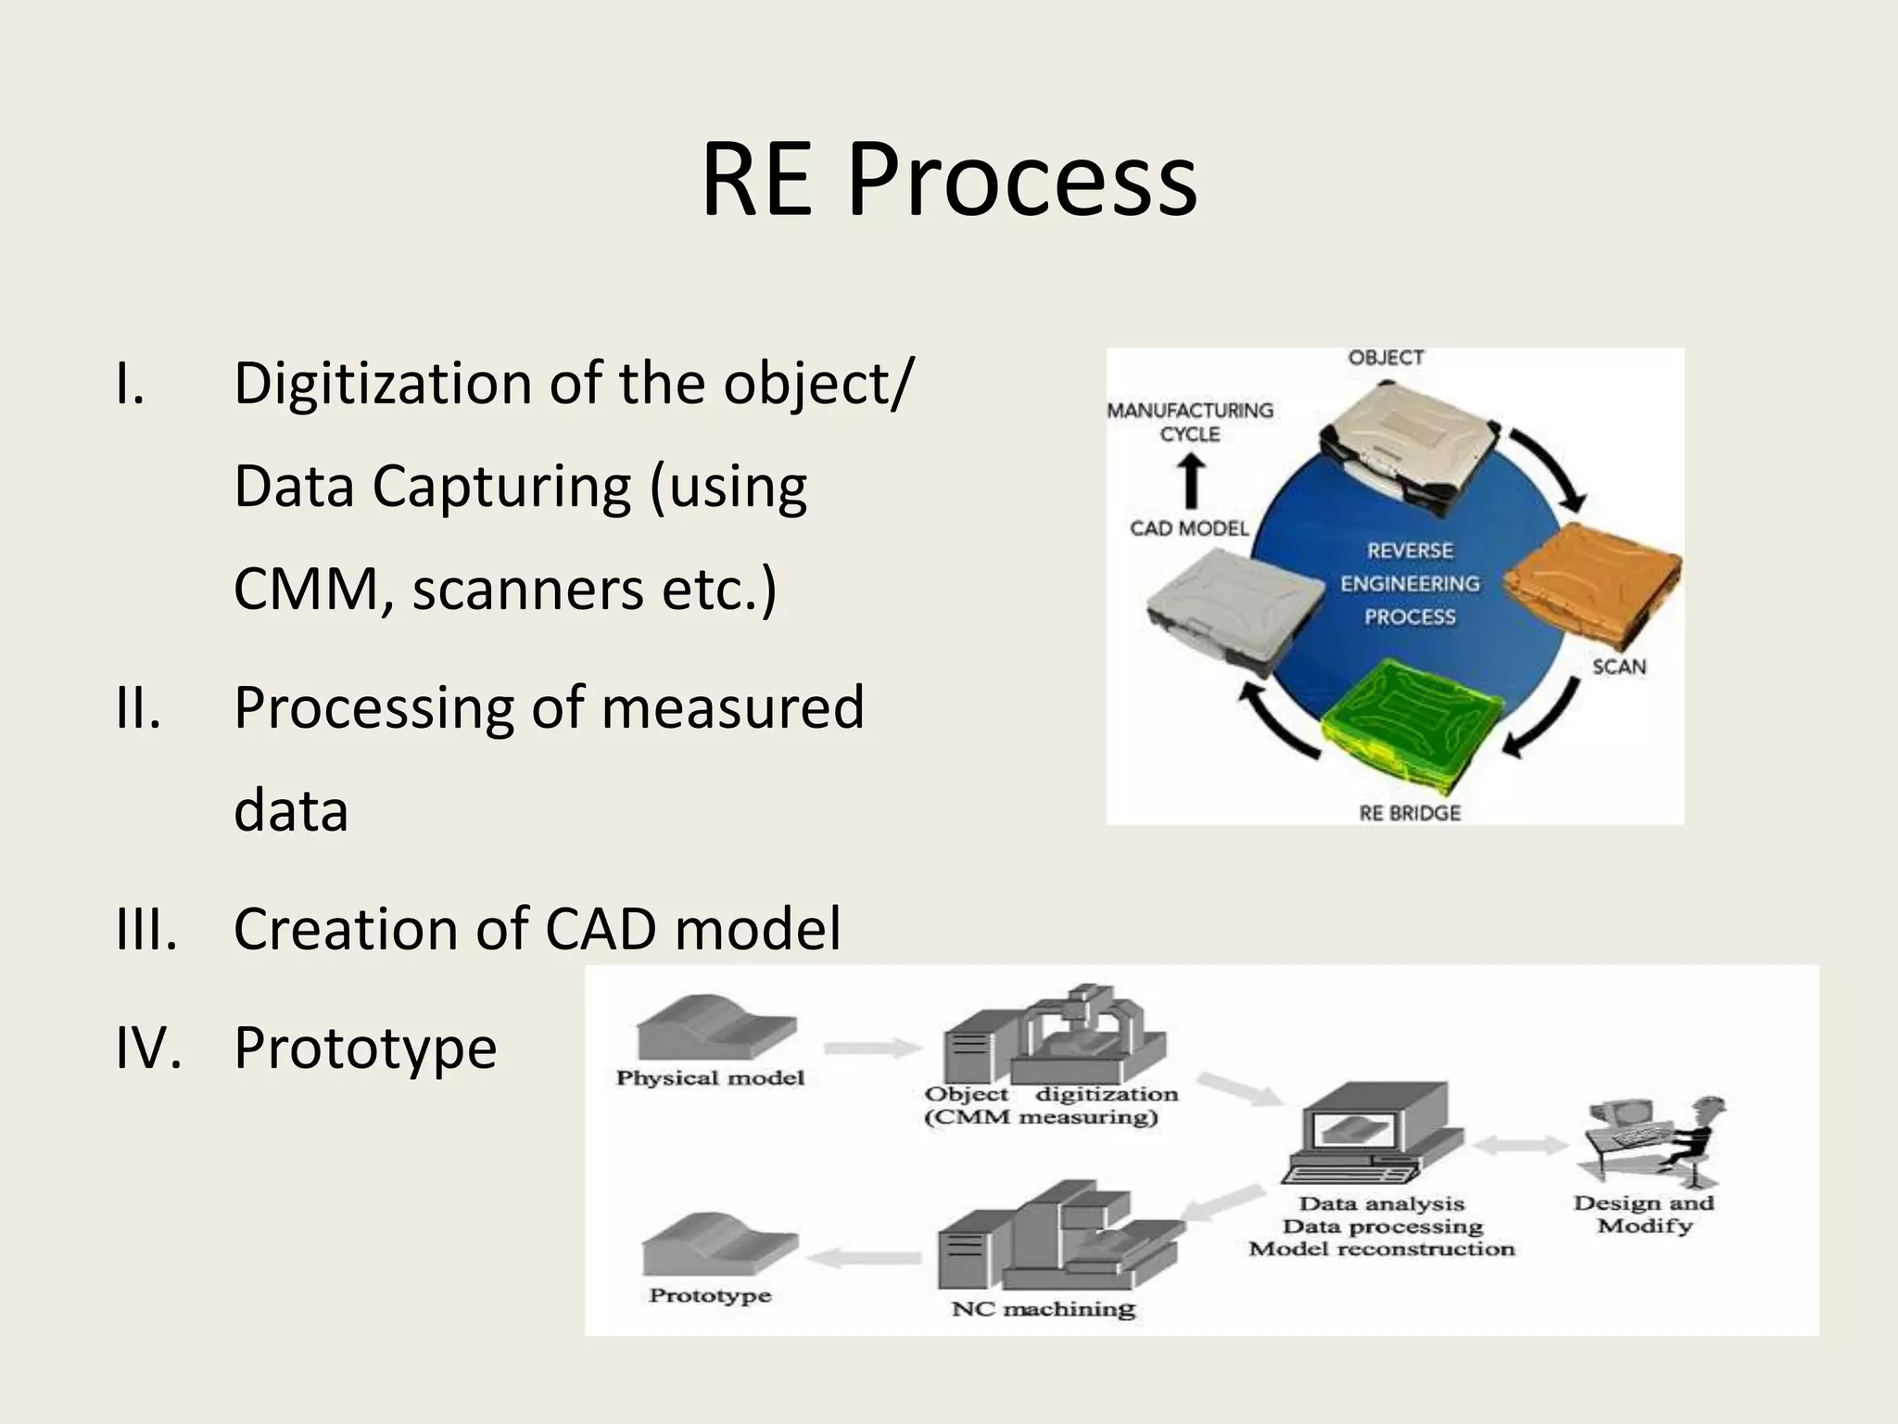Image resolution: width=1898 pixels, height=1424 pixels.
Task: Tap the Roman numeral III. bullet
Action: click(146, 928)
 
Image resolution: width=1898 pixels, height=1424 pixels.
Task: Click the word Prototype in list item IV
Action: click(365, 1048)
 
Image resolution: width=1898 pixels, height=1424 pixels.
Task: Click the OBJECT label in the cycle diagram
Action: click(1386, 358)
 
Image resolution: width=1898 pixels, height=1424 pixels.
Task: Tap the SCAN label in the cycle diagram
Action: click(1619, 667)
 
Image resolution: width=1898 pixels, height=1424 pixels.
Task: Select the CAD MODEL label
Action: click(1189, 528)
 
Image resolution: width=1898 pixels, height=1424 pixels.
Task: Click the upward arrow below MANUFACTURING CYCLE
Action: click(1191, 482)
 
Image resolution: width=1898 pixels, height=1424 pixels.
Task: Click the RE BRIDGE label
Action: click(1409, 813)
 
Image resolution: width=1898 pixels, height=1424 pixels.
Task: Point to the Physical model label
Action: click(710, 1078)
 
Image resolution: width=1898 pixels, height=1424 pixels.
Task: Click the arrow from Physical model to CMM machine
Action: click(871, 1049)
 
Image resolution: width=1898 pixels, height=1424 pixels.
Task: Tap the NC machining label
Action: click(1043, 1309)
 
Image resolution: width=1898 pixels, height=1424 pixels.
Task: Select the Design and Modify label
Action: click(1644, 1214)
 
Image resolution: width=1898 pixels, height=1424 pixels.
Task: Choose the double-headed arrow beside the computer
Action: click(1520, 1146)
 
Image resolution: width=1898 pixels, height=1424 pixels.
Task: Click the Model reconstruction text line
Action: click(1381, 1249)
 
